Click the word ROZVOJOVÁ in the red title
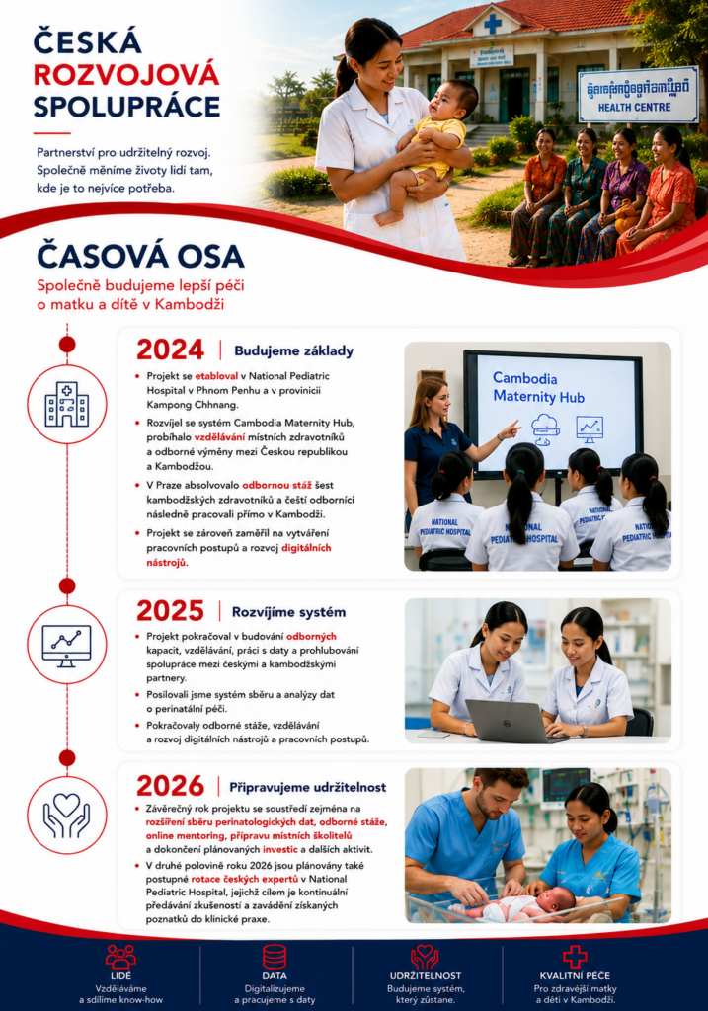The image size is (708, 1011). coord(126,75)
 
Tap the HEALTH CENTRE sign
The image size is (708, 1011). coord(638,94)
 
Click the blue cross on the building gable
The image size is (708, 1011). coord(493,25)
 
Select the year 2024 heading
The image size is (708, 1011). coord(170,350)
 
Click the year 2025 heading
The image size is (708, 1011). coord(170,611)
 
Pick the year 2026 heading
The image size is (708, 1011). coord(170,786)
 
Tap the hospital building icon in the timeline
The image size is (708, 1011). coord(67,404)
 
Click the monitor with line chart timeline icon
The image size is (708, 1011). coord(67,646)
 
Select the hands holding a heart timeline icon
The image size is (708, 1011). coord(67,815)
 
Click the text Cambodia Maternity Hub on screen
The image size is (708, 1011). coord(538,387)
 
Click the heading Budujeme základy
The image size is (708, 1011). coord(294,350)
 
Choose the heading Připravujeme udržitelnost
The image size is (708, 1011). coord(308,787)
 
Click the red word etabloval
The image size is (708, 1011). coord(216,376)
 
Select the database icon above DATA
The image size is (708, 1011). coord(275,957)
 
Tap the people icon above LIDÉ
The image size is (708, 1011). coord(120,957)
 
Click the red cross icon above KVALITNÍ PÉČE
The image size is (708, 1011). coord(575,957)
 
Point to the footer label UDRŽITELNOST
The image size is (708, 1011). coord(426,976)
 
